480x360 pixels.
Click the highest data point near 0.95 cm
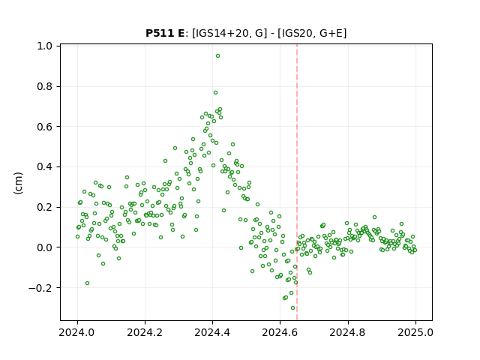coord(217,56)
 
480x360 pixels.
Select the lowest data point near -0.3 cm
coord(293,308)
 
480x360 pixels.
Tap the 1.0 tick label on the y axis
coord(45,46)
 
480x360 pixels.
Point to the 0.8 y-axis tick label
coord(45,86)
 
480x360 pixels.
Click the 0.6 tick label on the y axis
coord(45,127)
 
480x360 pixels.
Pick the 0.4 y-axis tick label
coord(45,166)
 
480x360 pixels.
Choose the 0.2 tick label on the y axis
coord(45,207)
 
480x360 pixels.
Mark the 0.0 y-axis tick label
coord(45,247)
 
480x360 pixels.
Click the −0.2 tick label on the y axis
coord(40,288)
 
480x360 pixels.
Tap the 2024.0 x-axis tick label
coord(77,332)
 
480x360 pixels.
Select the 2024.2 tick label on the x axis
coord(145,332)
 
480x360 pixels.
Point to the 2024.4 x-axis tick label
coord(212,332)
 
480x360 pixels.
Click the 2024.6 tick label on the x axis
coord(280,332)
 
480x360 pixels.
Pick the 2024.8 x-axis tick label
coord(348,332)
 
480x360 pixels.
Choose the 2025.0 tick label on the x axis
coord(415,332)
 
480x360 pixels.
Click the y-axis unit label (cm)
coord(18,183)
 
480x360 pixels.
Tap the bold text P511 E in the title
coord(165,33)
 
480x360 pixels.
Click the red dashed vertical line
coord(297,182)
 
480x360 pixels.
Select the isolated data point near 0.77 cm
coord(215,92)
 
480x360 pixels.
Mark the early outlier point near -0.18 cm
coord(87,283)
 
